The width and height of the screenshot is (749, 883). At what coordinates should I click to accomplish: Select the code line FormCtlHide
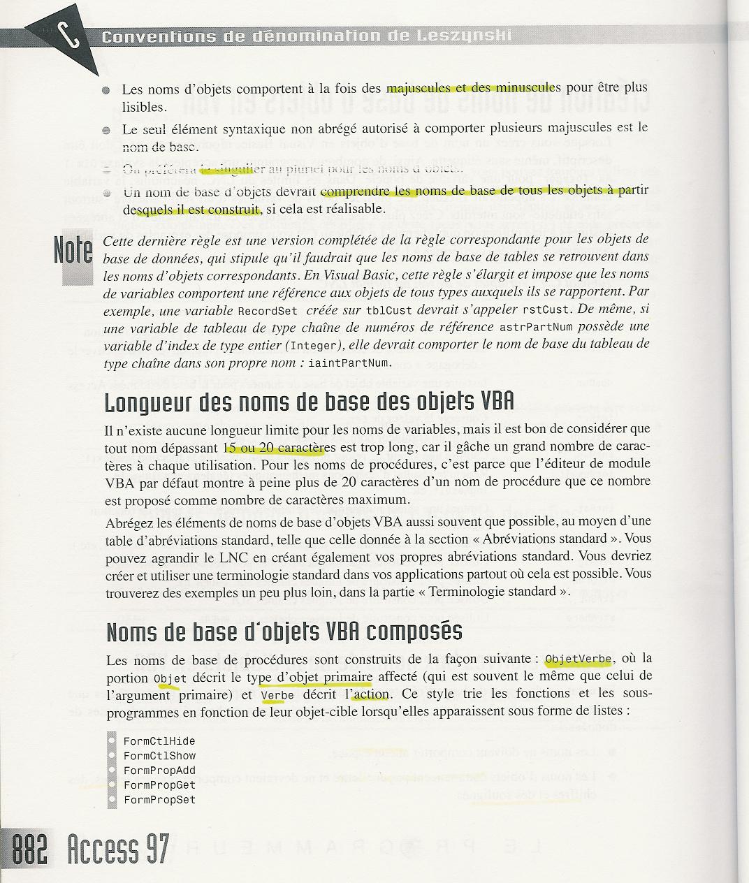tap(159, 741)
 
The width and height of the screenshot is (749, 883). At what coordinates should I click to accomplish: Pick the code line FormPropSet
tap(159, 800)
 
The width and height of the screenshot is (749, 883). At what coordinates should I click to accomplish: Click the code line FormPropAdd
tap(159, 771)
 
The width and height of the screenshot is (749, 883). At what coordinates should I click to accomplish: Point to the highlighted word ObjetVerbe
tap(579, 659)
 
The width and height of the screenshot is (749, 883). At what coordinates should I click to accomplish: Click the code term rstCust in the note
tap(549, 309)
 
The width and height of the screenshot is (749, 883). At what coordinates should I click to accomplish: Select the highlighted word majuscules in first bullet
tap(418, 89)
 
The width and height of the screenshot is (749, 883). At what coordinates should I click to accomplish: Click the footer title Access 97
tap(118, 850)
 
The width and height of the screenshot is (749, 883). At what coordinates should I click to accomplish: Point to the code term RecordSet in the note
tap(268, 309)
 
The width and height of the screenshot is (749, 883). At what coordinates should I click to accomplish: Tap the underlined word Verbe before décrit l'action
tap(277, 696)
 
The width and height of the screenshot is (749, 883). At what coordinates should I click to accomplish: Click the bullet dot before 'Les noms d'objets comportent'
tap(106, 91)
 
